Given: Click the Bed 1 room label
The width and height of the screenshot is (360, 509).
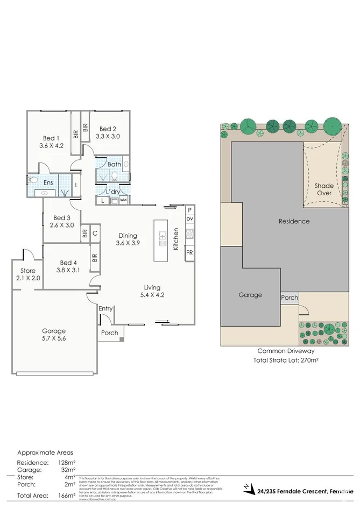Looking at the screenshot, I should [x=51, y=137].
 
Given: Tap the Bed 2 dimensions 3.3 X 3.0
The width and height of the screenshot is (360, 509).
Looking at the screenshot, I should [x=107, y=137].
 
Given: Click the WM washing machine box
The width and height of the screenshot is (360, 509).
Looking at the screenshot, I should [x=123, y=200].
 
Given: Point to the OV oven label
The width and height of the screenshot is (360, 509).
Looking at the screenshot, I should [x=189, y=219].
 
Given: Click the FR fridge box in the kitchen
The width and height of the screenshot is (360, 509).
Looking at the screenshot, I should [x=189, y=252].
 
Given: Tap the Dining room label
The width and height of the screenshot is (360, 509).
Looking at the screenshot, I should [x=128, y=235].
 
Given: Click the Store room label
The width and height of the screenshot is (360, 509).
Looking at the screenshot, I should [x=27, y=270].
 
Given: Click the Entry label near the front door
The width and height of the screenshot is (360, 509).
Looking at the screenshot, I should [x=106, y=308].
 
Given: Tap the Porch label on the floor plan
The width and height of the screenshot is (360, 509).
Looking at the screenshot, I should [x=110, y=333].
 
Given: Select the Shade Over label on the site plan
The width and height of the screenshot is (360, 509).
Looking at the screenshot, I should [x=323, y=189].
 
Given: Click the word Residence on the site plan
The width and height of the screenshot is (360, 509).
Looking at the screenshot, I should [x=294, y=221].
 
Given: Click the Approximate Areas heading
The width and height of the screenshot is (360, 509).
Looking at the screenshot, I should [x=45, y=453].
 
